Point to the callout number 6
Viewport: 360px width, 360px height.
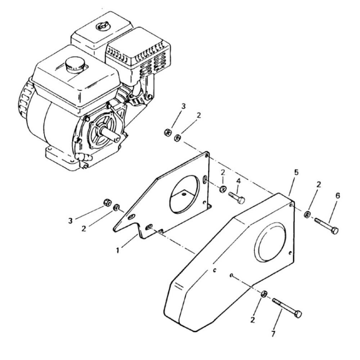click(x=337, y=196)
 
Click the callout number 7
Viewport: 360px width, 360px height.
click(x=273, y=334)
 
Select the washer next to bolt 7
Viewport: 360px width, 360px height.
click(x=264, y=294)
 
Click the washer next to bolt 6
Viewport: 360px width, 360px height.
click(x=307, y=215)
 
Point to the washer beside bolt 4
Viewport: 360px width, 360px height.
click(x=222, y=189)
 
